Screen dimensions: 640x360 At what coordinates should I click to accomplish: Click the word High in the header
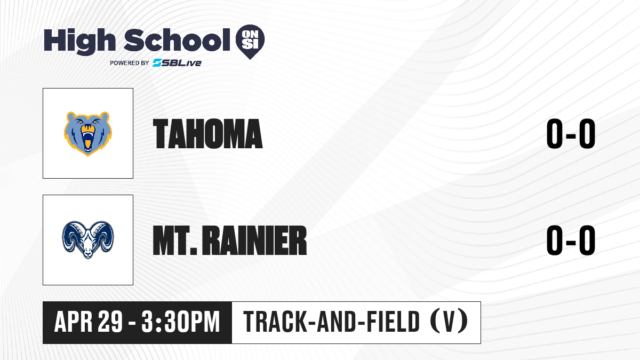(x=79, y=41)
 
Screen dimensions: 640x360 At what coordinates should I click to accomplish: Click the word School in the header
(x=177, y=39)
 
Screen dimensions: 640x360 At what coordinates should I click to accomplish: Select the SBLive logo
(x=177, y=63)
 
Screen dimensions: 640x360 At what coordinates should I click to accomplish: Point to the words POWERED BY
(x=130, y=63)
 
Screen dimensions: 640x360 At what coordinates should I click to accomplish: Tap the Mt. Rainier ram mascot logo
(x=88, y=239)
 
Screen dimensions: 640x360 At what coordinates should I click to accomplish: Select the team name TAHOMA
(x=207, y=134)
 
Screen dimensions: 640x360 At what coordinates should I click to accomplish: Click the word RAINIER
(x=254, y=241)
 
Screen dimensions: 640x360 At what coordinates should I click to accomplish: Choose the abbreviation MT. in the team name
(x=175, y=241)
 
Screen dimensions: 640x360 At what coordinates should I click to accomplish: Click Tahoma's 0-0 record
(x=571, y=134)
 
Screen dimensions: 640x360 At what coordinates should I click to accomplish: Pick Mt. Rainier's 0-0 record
(x=571, y=241)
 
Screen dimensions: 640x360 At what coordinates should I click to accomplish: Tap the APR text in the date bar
(x=74, y=322)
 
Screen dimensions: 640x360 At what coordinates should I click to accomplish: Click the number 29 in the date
(x=110, y=322)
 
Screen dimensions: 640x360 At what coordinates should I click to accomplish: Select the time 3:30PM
(x=181, y=322)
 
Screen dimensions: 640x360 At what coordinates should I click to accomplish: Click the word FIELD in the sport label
(x=393, y=322)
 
